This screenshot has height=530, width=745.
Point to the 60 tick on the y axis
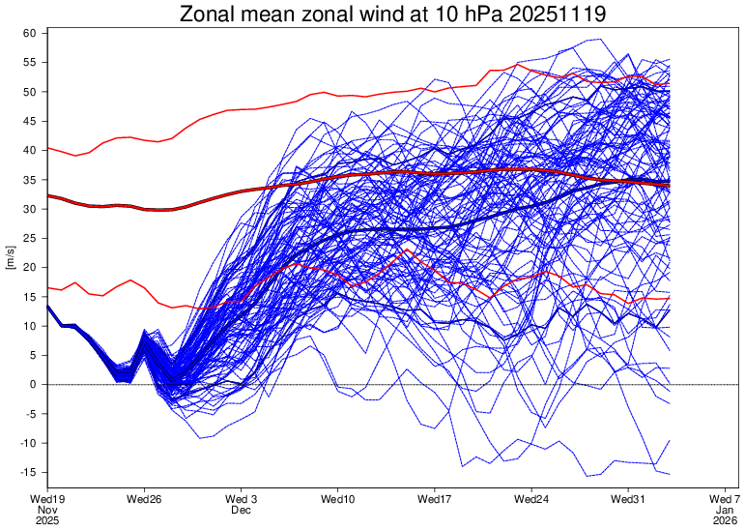[x=30, y=33]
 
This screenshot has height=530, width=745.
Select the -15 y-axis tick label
[x=28, y=472]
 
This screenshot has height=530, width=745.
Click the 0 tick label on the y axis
[x=33, y=384]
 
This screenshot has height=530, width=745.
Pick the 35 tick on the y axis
[x=30, y=180]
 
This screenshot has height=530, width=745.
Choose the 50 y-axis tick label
[x=30, y=92]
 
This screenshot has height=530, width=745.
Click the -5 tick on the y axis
[x=30, y=414]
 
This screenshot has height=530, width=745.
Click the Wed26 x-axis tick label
[x=143, y=499]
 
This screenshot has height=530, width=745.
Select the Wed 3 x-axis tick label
[x=241, y=499]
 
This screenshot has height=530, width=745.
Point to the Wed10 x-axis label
[x=337, y=499]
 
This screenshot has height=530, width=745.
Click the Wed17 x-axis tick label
[x=435, y=499]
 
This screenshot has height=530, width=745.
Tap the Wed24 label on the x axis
[x=531, y=499]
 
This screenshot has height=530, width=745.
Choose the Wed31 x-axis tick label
[x=629, y=499]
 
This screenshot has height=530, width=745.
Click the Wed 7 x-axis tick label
[x=726, y=499]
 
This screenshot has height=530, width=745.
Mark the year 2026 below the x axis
[x=726, y=520]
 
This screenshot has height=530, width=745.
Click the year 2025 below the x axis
[x=46, y=520]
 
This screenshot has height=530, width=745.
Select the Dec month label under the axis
[x=241, y=510]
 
